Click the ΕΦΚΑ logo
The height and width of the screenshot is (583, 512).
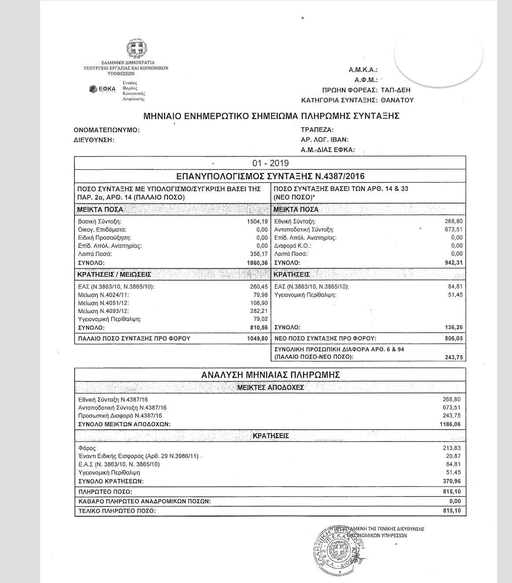click(x=102, y=89)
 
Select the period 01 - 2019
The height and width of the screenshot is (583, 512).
click(x=271, y=163)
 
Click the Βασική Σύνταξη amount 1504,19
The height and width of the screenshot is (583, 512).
click(x=257, y=221)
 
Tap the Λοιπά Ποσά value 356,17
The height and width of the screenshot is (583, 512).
click(x=259, y=254)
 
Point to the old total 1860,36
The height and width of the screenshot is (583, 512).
click(x=257, y=262)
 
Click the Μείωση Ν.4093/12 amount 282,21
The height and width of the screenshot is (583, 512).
click(x=259, y=311)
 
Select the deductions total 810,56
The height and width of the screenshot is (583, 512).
click(x=259, y=328)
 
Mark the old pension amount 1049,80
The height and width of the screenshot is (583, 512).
click(x=257, y=339)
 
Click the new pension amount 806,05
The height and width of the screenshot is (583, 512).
click(x=453, y=339)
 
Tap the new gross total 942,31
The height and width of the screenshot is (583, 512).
click(x=453, y=262)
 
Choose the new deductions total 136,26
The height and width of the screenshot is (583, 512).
click(x=453, y=328)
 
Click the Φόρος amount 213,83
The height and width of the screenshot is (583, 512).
click(x=452, y=448)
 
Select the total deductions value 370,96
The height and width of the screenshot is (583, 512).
click(x=452, y=481)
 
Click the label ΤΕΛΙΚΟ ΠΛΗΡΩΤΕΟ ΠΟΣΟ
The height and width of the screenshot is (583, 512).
click(x=117, y=511)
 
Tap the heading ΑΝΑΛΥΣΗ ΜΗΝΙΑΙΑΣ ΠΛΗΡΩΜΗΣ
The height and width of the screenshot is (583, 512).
click(x=271, y=375)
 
